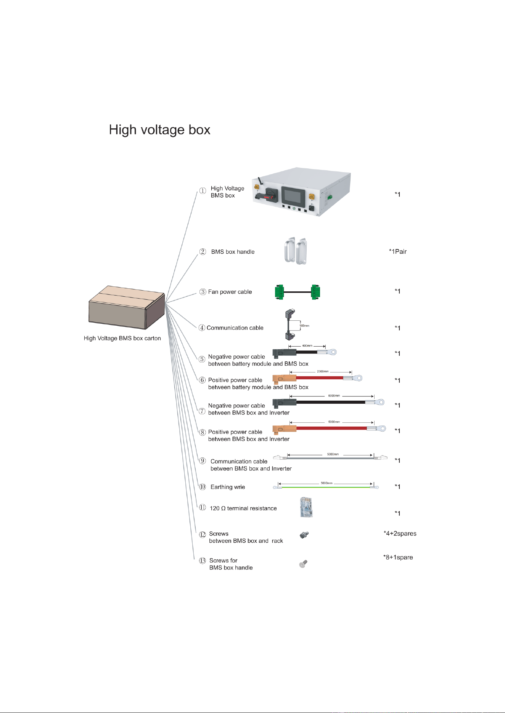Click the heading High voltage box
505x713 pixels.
(x=159, y=130)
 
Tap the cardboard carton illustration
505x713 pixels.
(x=127, y=307)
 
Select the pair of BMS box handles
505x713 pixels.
(x=296, y=251)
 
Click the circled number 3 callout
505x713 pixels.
(x=203, y=292)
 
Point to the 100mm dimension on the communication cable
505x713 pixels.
(x=304, y=326)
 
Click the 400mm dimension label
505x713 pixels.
(x=307, y=346)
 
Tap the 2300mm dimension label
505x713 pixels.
(x=323, y=371)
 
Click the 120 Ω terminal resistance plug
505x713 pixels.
(x=307, y=507)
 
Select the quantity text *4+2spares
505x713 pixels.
(x=400, y=534)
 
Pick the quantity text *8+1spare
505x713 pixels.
(x=398, y=557)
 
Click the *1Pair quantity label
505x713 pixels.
(x=398, y=251)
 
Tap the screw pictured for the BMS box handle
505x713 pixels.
(x=303, y=564)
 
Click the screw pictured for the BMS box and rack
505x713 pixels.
(x=304, y=535)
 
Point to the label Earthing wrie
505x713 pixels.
(x=228, y=487)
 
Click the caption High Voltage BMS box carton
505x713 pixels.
(x=122, y=338)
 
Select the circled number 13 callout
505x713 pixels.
(x=203, y=561)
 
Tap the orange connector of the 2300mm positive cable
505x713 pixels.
(x=285, y=378)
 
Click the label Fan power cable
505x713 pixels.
(x=230, y=292)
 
